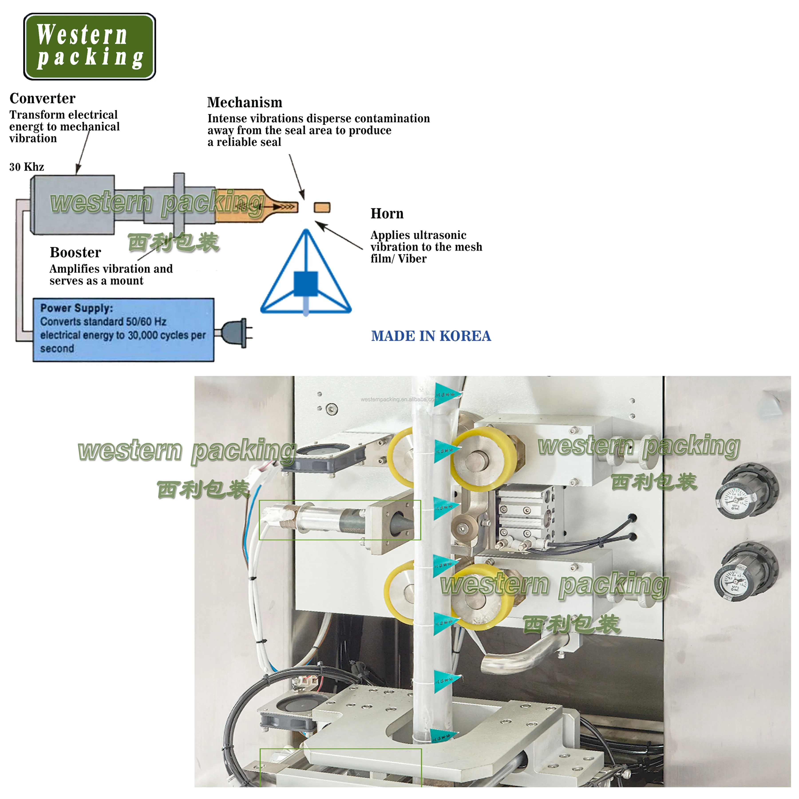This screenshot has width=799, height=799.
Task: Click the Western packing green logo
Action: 89,46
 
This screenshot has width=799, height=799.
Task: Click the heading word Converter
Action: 43,98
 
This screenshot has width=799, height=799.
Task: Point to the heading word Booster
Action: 75,252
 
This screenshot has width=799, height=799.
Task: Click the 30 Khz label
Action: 26,167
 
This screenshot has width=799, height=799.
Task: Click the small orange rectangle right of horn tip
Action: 322,207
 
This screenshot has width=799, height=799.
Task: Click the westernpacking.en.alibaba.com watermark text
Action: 399,399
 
